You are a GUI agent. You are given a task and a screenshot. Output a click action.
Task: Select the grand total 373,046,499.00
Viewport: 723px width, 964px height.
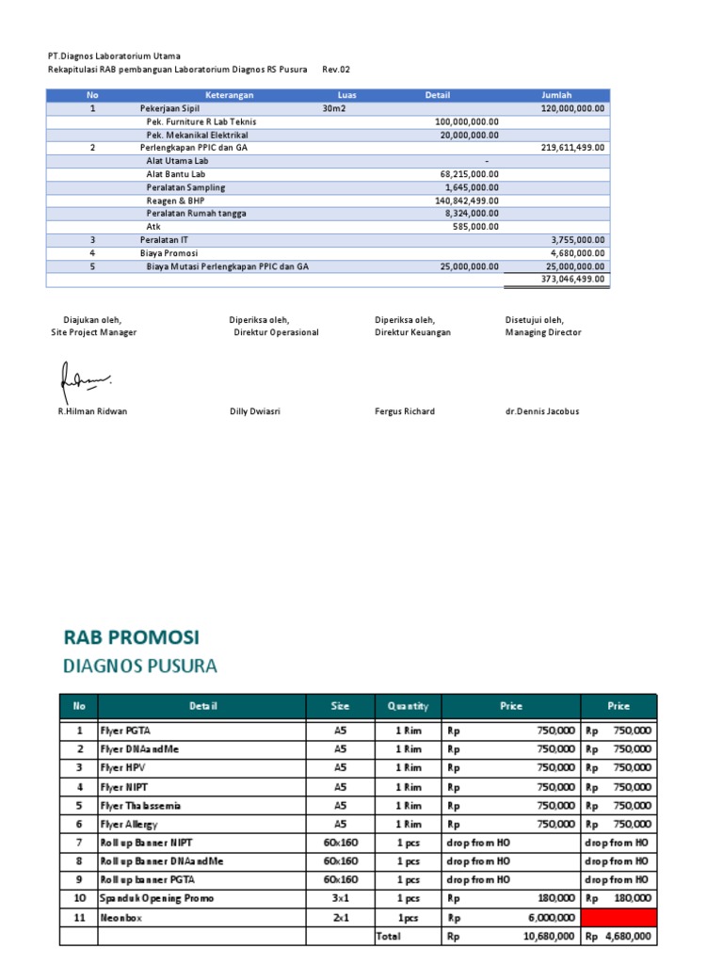pos(573,280)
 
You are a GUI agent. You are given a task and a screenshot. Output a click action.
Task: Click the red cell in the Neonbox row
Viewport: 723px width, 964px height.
pos(619,917)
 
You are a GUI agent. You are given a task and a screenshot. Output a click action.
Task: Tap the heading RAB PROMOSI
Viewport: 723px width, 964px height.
pos(131,637)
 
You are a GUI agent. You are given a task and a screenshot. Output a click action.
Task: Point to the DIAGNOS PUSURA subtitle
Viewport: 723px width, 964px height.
pos(139,667)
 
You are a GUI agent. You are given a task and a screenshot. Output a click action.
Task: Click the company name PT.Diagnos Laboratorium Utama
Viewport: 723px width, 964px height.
pos(114,56)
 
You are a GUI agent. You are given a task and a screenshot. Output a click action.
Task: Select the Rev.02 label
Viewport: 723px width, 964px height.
pos(336,70)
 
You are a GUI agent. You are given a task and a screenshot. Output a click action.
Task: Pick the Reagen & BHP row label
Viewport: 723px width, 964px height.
pos(174,201)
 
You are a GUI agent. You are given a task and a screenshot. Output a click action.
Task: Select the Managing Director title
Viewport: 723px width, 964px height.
pos(543,332)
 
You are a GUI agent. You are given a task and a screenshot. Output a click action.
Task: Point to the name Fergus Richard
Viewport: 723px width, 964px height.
pos(405,411)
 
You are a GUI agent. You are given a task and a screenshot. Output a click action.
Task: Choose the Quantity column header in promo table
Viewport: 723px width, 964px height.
pos(407,706)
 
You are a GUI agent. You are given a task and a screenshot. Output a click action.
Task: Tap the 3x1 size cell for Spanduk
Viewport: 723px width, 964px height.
pos(340,898)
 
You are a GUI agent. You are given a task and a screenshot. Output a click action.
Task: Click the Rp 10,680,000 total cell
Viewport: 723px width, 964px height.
pos(511,937)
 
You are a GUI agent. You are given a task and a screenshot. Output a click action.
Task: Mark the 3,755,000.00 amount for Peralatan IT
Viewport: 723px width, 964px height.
pos(578,240)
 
